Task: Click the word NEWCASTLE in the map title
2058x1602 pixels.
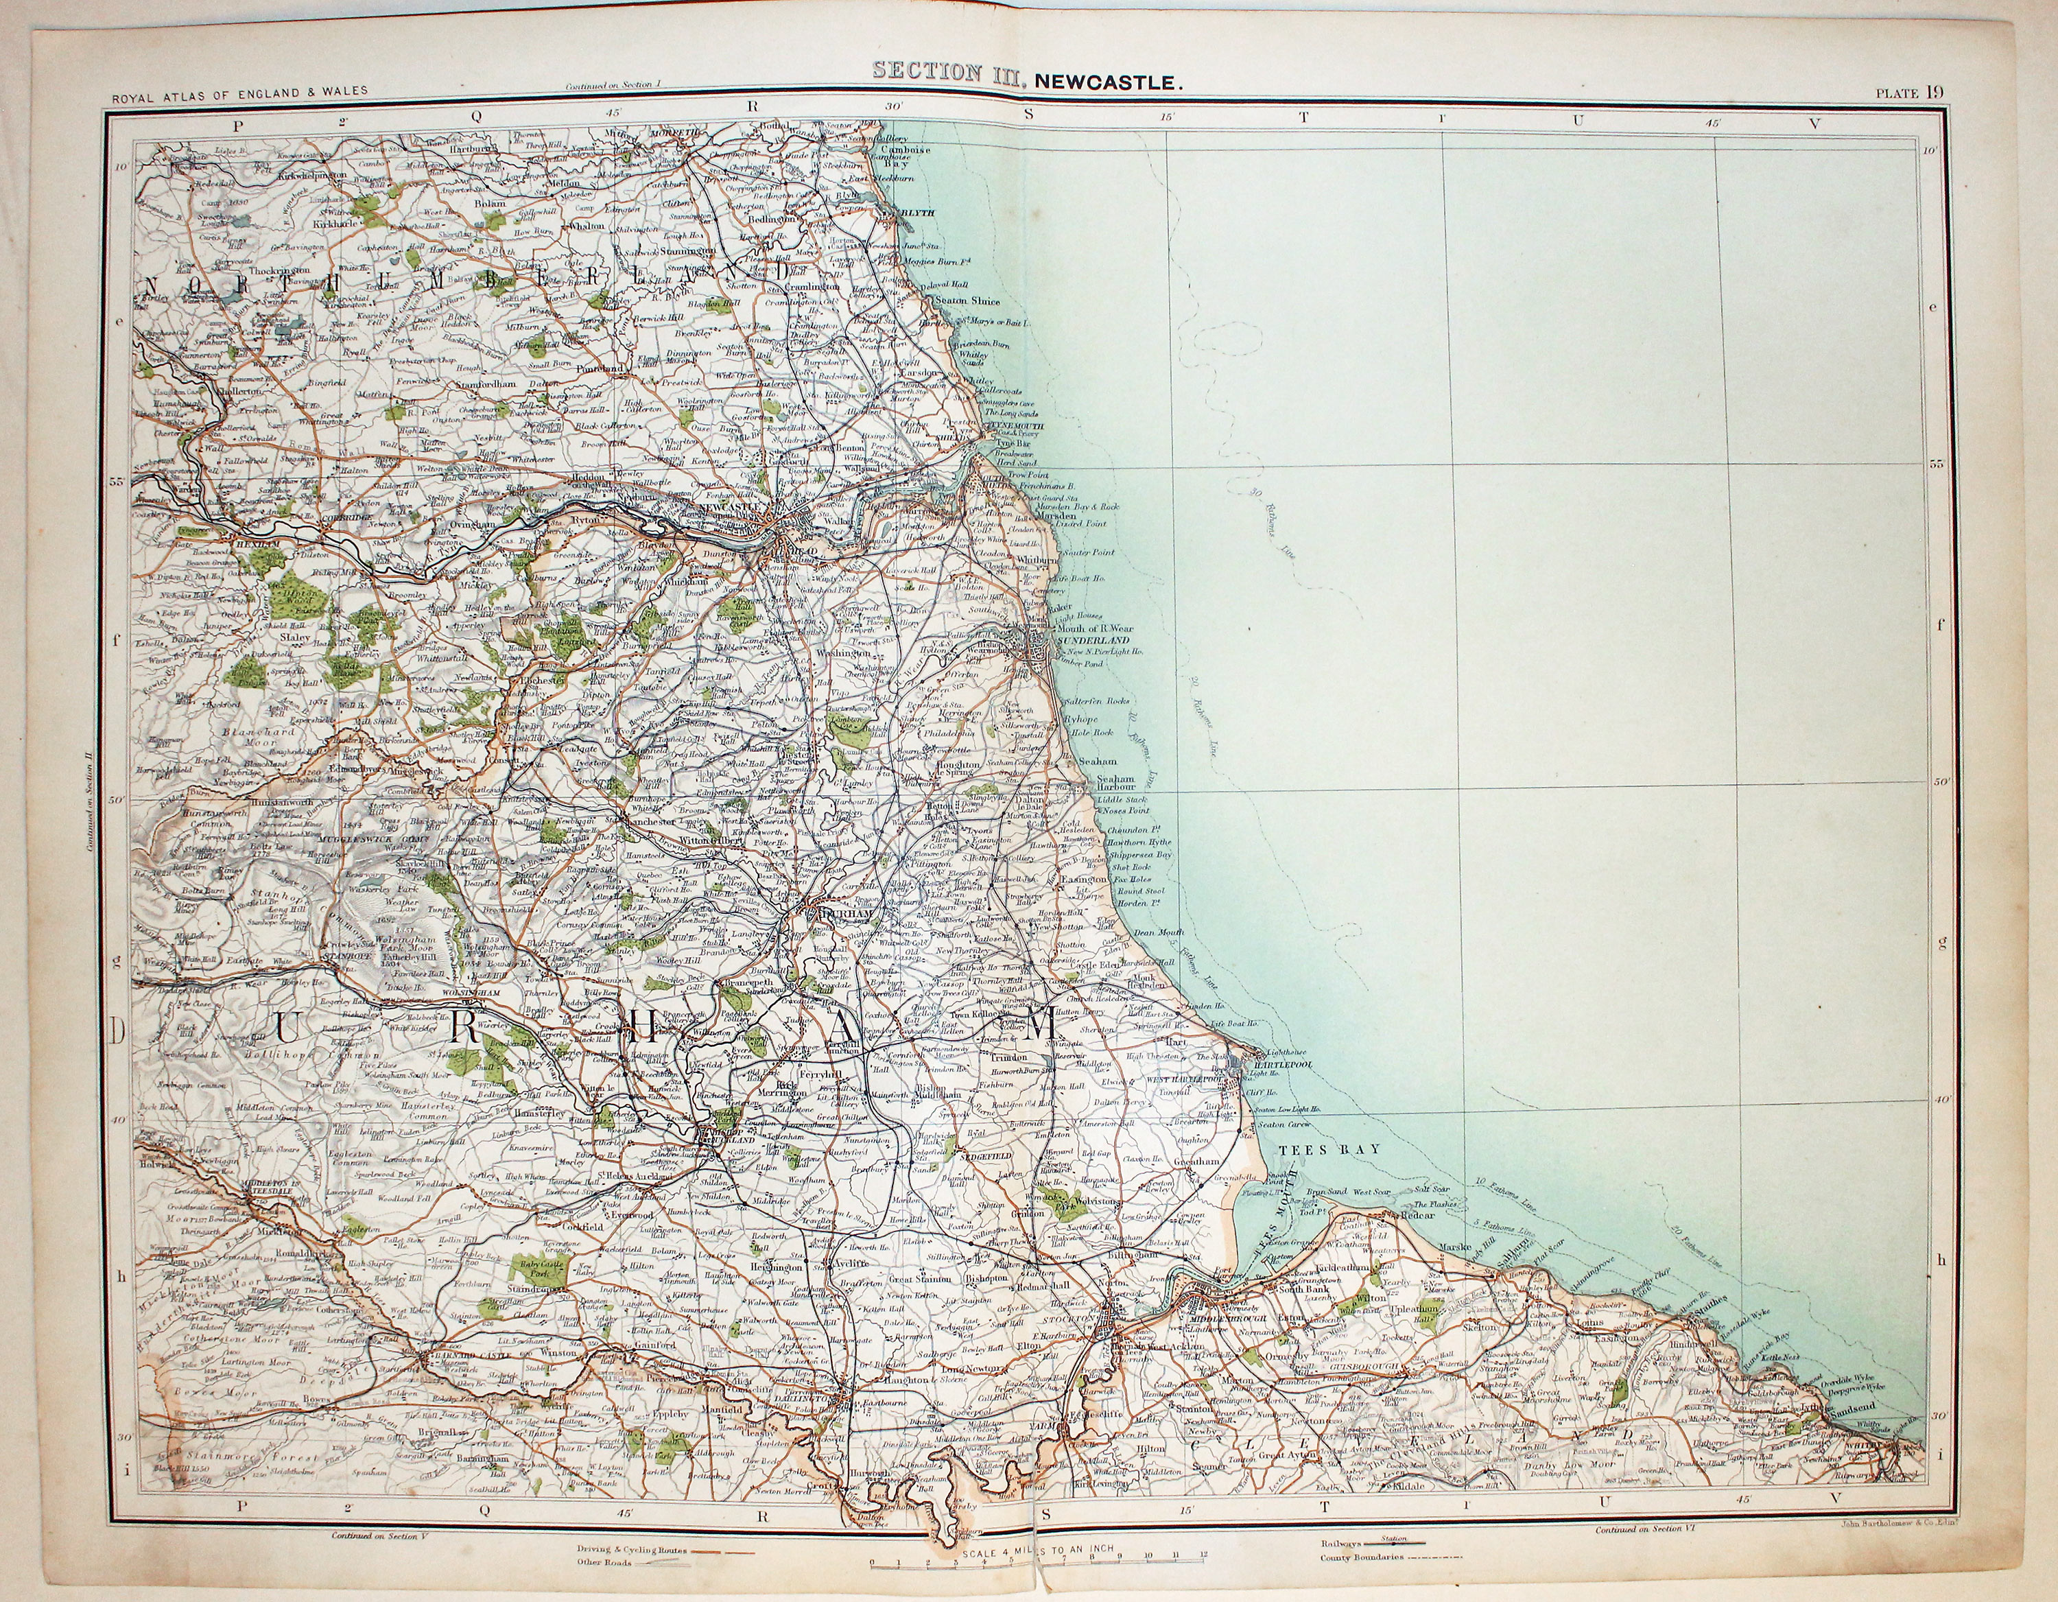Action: (x=1107, y=82)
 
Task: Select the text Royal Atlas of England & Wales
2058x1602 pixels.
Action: (x=239, y=94)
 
